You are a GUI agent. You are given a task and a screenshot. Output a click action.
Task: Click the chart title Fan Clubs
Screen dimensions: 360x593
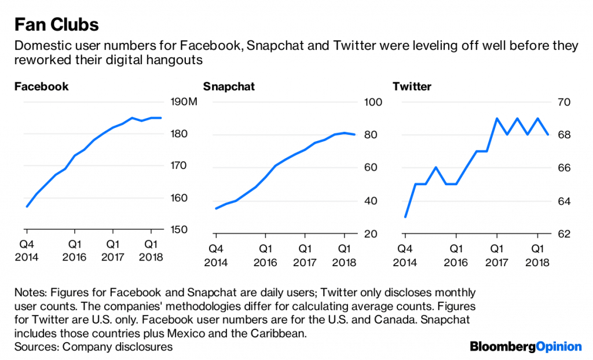pos(56,25)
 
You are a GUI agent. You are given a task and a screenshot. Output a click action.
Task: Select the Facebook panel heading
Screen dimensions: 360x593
pos(41,87)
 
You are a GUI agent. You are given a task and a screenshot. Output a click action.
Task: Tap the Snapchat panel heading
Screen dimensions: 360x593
pos(229,87)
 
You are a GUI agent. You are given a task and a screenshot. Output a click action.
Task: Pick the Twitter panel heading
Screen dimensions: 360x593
pos(412,87)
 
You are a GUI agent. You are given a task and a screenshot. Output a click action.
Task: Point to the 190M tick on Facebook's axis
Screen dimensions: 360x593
pos(185,102)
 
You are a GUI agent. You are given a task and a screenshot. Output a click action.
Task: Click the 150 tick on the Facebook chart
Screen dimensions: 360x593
pos(180,230)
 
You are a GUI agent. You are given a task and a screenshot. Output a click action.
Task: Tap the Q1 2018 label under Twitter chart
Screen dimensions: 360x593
pos(537,256)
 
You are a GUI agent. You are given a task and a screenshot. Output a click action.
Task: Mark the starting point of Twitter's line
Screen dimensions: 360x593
pos(405,217)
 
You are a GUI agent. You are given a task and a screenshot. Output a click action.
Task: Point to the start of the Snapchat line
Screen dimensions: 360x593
pos(215,208)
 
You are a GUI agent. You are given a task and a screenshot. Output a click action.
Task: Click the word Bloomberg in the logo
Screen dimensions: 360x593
pos(502,347)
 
